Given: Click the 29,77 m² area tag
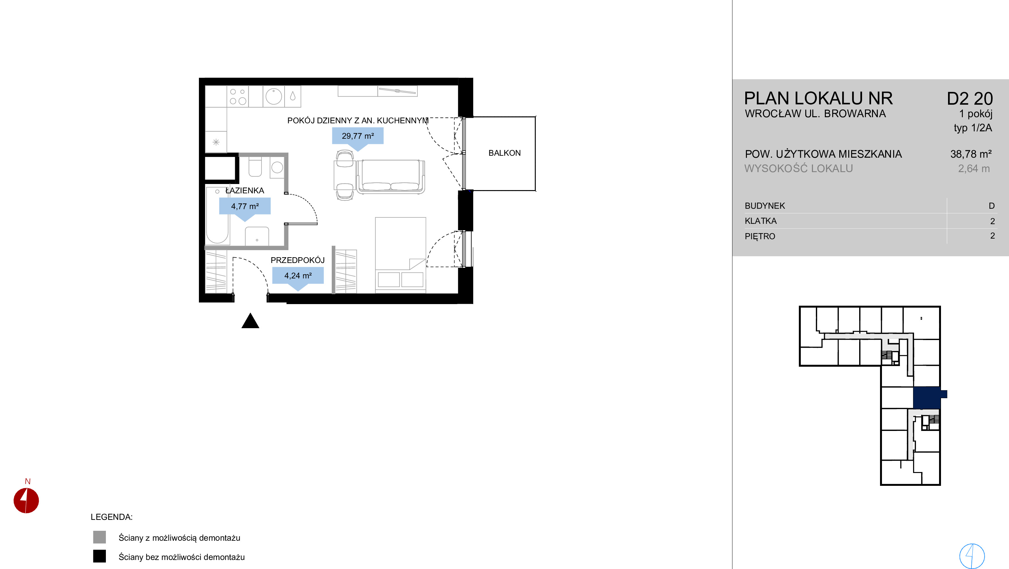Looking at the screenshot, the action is coord(358,136).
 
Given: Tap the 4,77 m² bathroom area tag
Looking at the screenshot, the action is coord(245,206).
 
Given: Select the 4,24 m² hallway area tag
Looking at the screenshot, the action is coord(298,276).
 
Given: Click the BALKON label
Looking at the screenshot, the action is coord(504,153).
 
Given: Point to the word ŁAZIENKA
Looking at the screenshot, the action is coord(245,191).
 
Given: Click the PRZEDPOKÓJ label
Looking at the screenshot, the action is coord(298,260).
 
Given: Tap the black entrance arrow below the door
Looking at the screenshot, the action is coord(250,320).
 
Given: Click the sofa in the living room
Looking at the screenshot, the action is coord(390,177).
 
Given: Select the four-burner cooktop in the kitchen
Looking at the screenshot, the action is coord(238,96).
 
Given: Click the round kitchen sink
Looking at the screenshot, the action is coord(273,96).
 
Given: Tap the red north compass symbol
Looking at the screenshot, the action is coord(26,500).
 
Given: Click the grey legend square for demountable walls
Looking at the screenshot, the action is coord(99,537).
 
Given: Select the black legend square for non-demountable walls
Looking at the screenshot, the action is coord(99,556).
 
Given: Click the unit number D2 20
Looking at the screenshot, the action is coord(970,99).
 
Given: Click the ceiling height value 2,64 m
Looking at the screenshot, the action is coord(974,169).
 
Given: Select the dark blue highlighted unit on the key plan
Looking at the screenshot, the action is coord(927,398).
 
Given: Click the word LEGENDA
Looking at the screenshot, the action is coord(112,517).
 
